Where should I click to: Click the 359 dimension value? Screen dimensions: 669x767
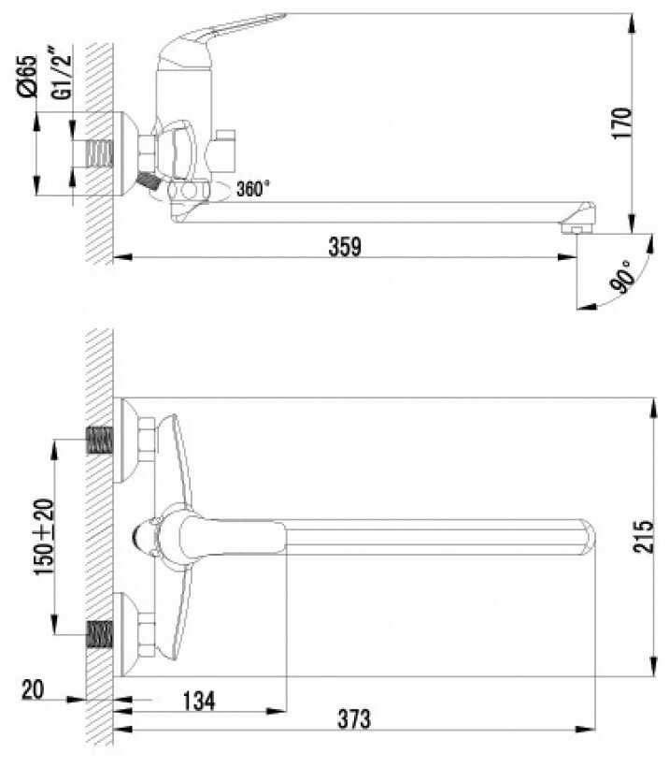click(345, 247)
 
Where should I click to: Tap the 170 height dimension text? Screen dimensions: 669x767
click(621, 123)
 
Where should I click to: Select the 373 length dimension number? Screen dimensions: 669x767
click(354, 719)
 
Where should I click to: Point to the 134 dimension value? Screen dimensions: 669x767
click(198, 701)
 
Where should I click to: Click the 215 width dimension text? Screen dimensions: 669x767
click(643, 537)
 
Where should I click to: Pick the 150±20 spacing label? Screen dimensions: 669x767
click(44, 537)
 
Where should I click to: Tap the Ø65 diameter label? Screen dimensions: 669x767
click(27, 77)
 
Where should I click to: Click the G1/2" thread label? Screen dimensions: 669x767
click(62, 77)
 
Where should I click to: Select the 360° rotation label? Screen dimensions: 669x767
click(252, 188)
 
